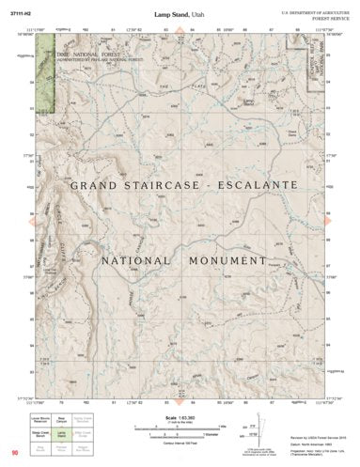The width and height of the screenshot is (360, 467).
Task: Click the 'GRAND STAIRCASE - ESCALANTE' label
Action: [180, 188]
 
